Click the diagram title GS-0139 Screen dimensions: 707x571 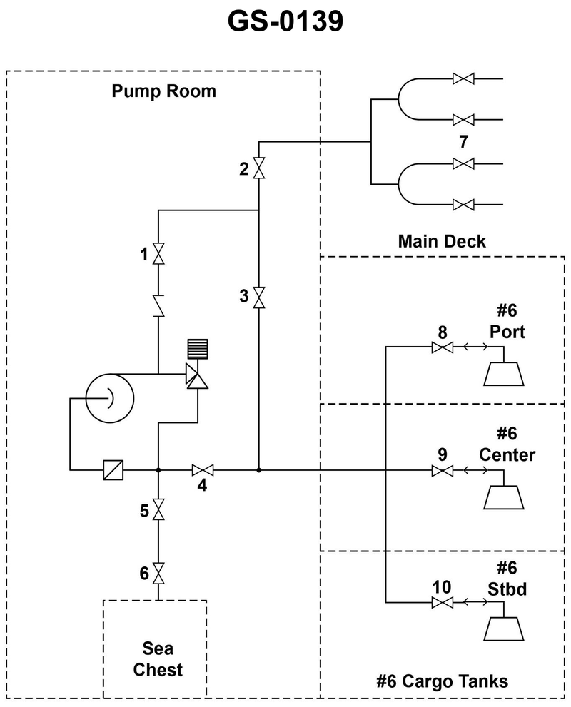[285, 22]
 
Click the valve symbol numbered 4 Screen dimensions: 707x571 [203, 470]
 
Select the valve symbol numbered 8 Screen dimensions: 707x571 [443, 347]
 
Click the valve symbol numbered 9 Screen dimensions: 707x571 [443, 471]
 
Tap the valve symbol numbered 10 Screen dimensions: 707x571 [443, 603]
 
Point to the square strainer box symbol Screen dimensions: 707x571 [113, 470]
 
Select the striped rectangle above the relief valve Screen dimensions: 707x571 [196, 349]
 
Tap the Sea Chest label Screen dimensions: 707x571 [158, 660]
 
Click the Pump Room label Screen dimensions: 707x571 [163, 91]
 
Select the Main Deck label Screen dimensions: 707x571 [442, 241]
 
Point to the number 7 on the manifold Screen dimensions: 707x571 [464, 139]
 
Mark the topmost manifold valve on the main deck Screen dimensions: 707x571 [464, 79]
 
